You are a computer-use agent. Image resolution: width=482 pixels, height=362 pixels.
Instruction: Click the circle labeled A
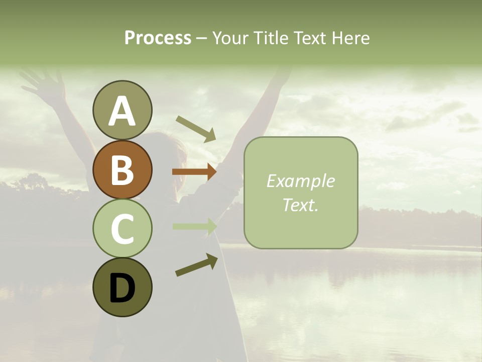click(x=122, y=110)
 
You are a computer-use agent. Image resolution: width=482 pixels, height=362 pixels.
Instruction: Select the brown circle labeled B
click(x=122, y=169)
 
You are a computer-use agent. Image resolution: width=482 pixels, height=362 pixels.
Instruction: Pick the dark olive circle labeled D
click(x=122, y=287)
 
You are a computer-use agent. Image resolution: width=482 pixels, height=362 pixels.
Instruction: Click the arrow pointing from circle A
click(x=196, y=128)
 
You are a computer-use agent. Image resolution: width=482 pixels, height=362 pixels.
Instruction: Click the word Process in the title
click(x=158, y=38)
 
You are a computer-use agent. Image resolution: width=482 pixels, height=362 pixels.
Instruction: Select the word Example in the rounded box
click(x=300, y=181)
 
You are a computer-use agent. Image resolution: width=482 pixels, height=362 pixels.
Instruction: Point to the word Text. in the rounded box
click(x=300, y=205)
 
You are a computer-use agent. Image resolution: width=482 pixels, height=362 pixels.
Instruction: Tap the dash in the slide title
click(x=201, y=38)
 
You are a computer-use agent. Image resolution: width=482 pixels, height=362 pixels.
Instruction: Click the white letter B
click(x=122, y=170)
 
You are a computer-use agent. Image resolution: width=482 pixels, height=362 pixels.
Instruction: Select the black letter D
click(x=122, y=288)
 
